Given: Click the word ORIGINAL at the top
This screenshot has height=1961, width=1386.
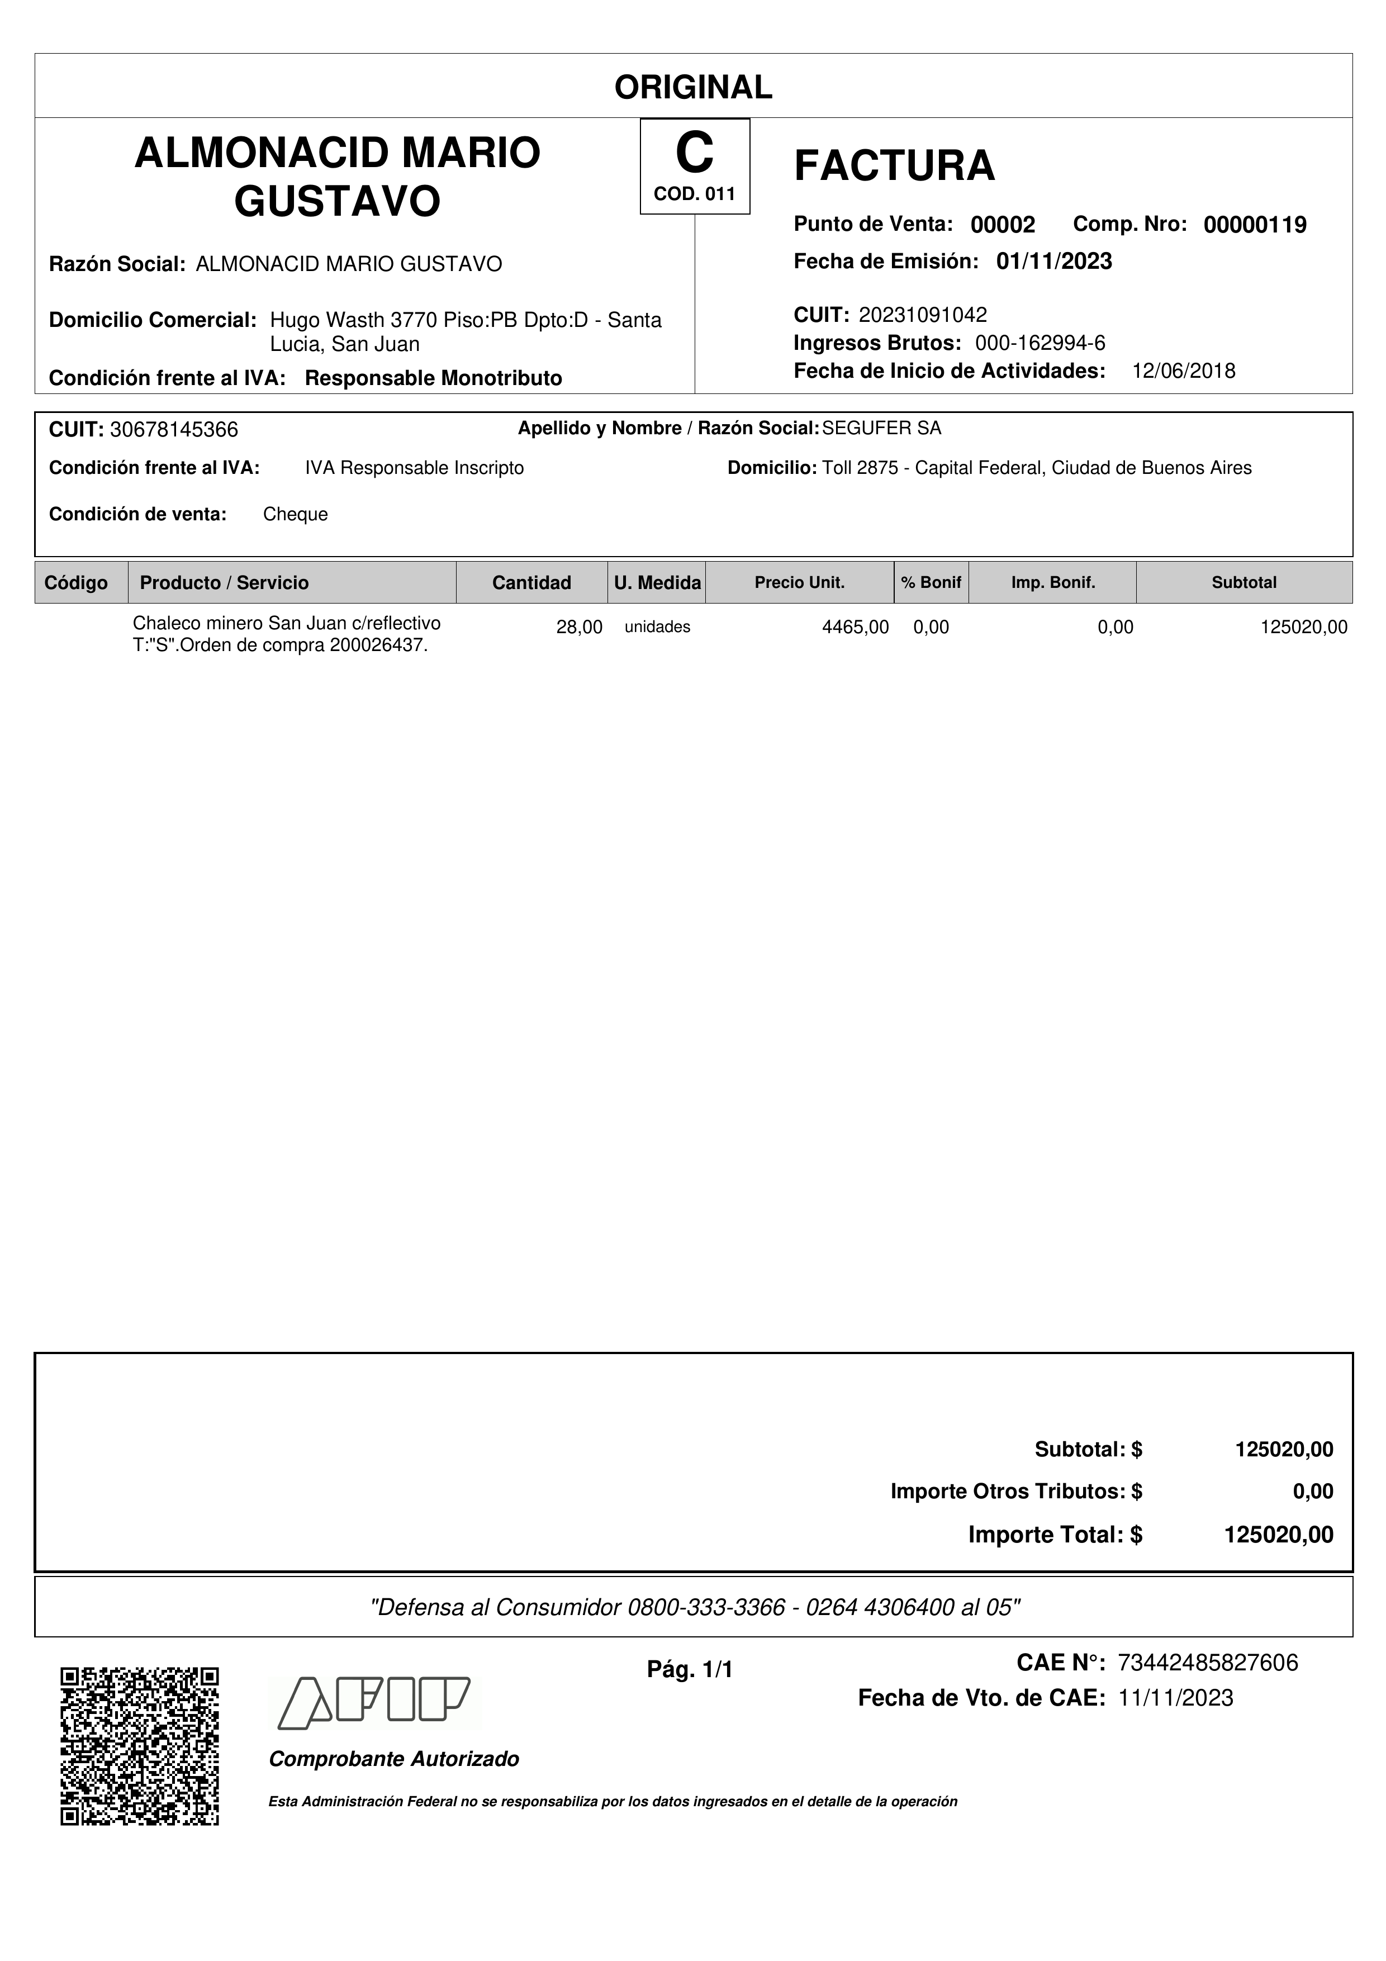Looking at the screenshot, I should tap(692, 87).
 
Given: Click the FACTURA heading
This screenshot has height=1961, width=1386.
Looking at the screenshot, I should tap(894, 165).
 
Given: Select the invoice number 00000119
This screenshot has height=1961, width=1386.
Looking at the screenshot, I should tap(1255, 225).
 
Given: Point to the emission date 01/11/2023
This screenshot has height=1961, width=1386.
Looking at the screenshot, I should tap(1054, 262).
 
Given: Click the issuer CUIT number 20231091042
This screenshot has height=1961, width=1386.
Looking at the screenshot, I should tap(922, 315).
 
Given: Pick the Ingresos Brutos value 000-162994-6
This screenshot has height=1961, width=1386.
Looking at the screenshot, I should tap(1040, 343).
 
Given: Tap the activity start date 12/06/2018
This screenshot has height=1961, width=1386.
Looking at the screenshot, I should tap(1183, 371).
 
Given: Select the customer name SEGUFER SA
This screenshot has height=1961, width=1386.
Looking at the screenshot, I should tap(881, 429).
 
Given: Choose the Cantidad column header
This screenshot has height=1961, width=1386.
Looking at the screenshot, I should tap(531, 582).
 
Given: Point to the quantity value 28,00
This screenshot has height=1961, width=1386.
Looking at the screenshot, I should tap(579, 627).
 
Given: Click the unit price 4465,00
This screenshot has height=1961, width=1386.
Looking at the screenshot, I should tap(855, 627).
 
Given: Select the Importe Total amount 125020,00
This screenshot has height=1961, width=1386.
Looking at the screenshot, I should tap(1278, 1535).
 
